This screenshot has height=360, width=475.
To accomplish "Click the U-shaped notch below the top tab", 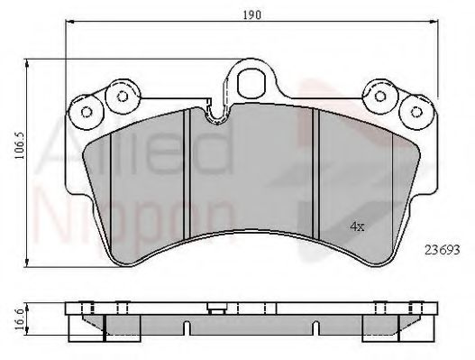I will (x=216, y=115).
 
